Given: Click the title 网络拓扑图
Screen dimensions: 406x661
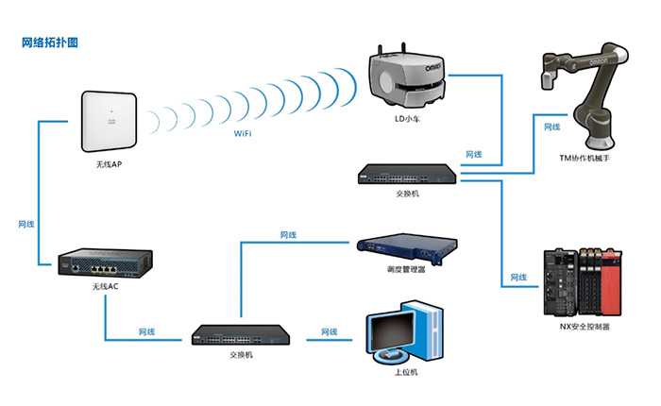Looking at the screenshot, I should tap(49, 42).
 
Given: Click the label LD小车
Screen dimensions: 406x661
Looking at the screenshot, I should tap(408, 120).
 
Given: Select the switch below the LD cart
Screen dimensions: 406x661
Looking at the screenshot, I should tap(408, 174).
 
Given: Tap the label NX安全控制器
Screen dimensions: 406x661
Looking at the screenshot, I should tap(585, 327).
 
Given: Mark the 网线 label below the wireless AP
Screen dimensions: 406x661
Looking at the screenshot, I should tap(27, 225).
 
